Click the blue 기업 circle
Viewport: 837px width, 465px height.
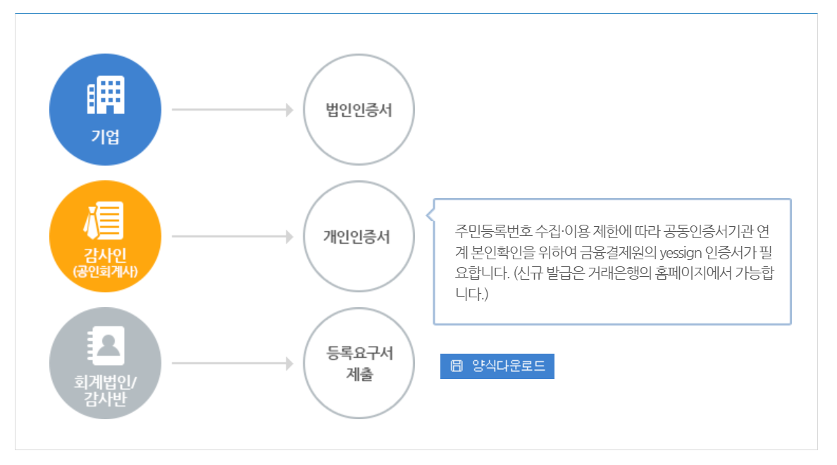pos(106,110)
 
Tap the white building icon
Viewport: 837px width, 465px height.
pos(106,94)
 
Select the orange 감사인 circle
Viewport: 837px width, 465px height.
pos(106,237)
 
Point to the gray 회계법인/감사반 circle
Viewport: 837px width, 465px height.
pos(106,364)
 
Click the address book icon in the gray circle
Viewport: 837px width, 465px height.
pos(105,345)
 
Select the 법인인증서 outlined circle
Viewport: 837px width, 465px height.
pos(359,110)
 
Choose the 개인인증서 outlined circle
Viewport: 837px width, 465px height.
pos(359,237)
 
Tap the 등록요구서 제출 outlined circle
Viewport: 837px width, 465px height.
pos(359,364)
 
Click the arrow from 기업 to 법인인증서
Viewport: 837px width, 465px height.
pos(232,110)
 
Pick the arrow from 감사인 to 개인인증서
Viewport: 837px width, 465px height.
pos(232,237)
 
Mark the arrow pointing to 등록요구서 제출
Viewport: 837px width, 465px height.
pos(232,364)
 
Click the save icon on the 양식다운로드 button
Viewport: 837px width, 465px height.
pos(457,366)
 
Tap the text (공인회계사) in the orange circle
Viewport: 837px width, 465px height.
pos(106,271)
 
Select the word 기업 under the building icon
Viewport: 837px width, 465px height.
pos(106,137)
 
